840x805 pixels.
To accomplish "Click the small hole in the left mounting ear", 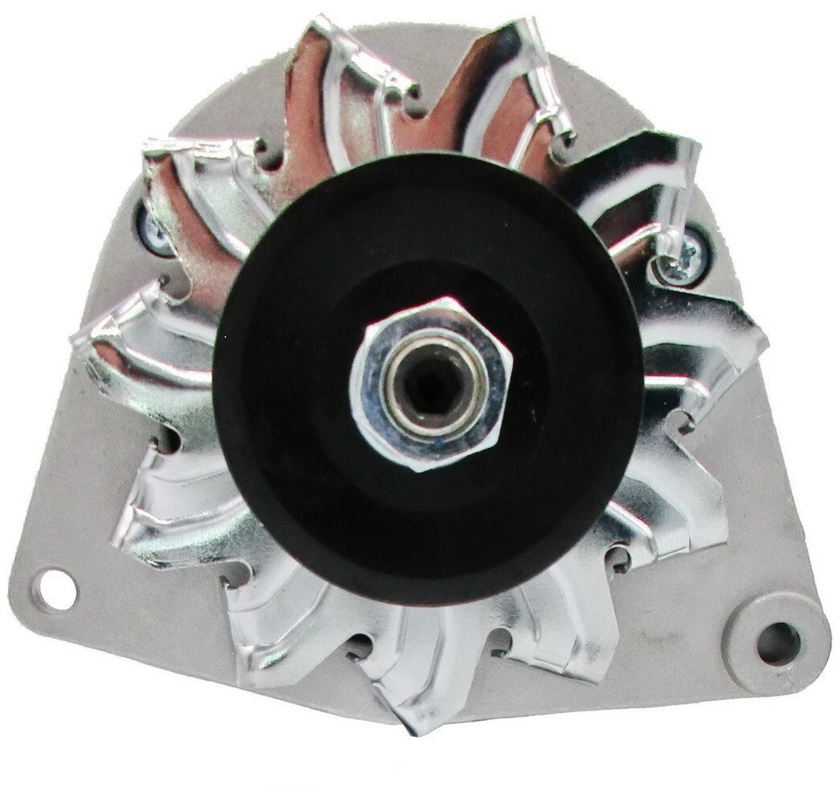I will (52, 581).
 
